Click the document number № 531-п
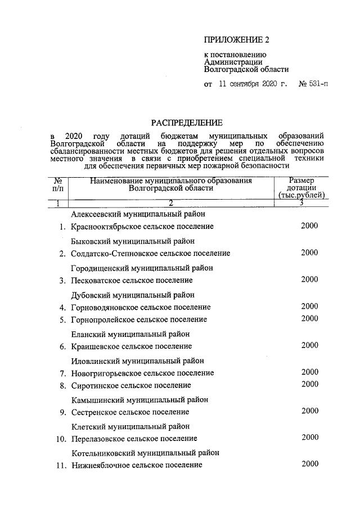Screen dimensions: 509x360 314,85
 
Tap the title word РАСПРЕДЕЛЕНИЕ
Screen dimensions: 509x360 186,123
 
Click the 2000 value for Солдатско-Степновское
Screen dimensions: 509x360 309,253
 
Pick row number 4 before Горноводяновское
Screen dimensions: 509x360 63,307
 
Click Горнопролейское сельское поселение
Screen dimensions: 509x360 139,319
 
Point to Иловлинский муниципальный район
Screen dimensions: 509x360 137,361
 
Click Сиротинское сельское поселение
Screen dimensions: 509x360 131,385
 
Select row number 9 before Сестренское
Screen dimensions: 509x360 63,412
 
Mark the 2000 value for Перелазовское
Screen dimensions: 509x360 309,437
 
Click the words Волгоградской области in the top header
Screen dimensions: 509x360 246,70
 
